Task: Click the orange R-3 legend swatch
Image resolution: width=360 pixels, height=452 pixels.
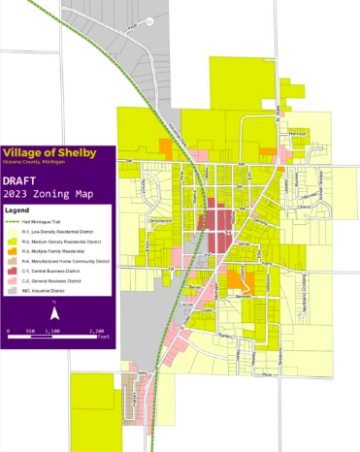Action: click(14, 250)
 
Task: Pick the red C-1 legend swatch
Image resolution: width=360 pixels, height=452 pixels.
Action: click(14, 270)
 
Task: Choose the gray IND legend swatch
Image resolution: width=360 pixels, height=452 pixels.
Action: click(14, 289)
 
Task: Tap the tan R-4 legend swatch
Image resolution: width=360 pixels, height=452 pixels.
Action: click(14, 260)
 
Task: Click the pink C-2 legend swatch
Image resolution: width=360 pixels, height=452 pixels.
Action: click(14, 279)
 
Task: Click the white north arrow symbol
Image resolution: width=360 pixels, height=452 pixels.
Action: click(55, 311)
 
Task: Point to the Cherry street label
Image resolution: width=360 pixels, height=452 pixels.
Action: click(302, 207)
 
